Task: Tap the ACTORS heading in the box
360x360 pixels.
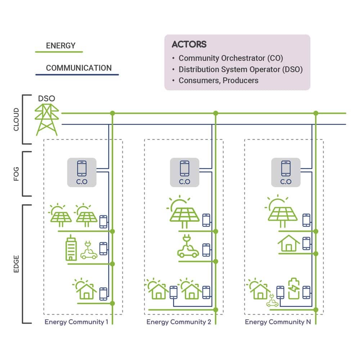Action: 189,45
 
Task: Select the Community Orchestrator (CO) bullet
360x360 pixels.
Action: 230,58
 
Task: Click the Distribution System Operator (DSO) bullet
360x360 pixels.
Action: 240,69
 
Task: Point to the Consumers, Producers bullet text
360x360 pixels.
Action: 218,80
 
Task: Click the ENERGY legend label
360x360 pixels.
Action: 61,46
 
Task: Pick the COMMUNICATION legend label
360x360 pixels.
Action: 79,68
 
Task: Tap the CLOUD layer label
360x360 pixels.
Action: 16,120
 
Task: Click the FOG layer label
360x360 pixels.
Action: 16,174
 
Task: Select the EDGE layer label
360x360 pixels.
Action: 16,264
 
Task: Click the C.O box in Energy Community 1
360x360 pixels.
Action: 82,172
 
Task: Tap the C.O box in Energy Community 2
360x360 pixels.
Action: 184,172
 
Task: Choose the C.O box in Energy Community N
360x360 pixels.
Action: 286,172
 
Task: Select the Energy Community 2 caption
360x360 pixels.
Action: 179,322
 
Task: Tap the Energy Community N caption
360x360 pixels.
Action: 278,322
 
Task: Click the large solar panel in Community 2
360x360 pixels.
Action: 185,212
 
